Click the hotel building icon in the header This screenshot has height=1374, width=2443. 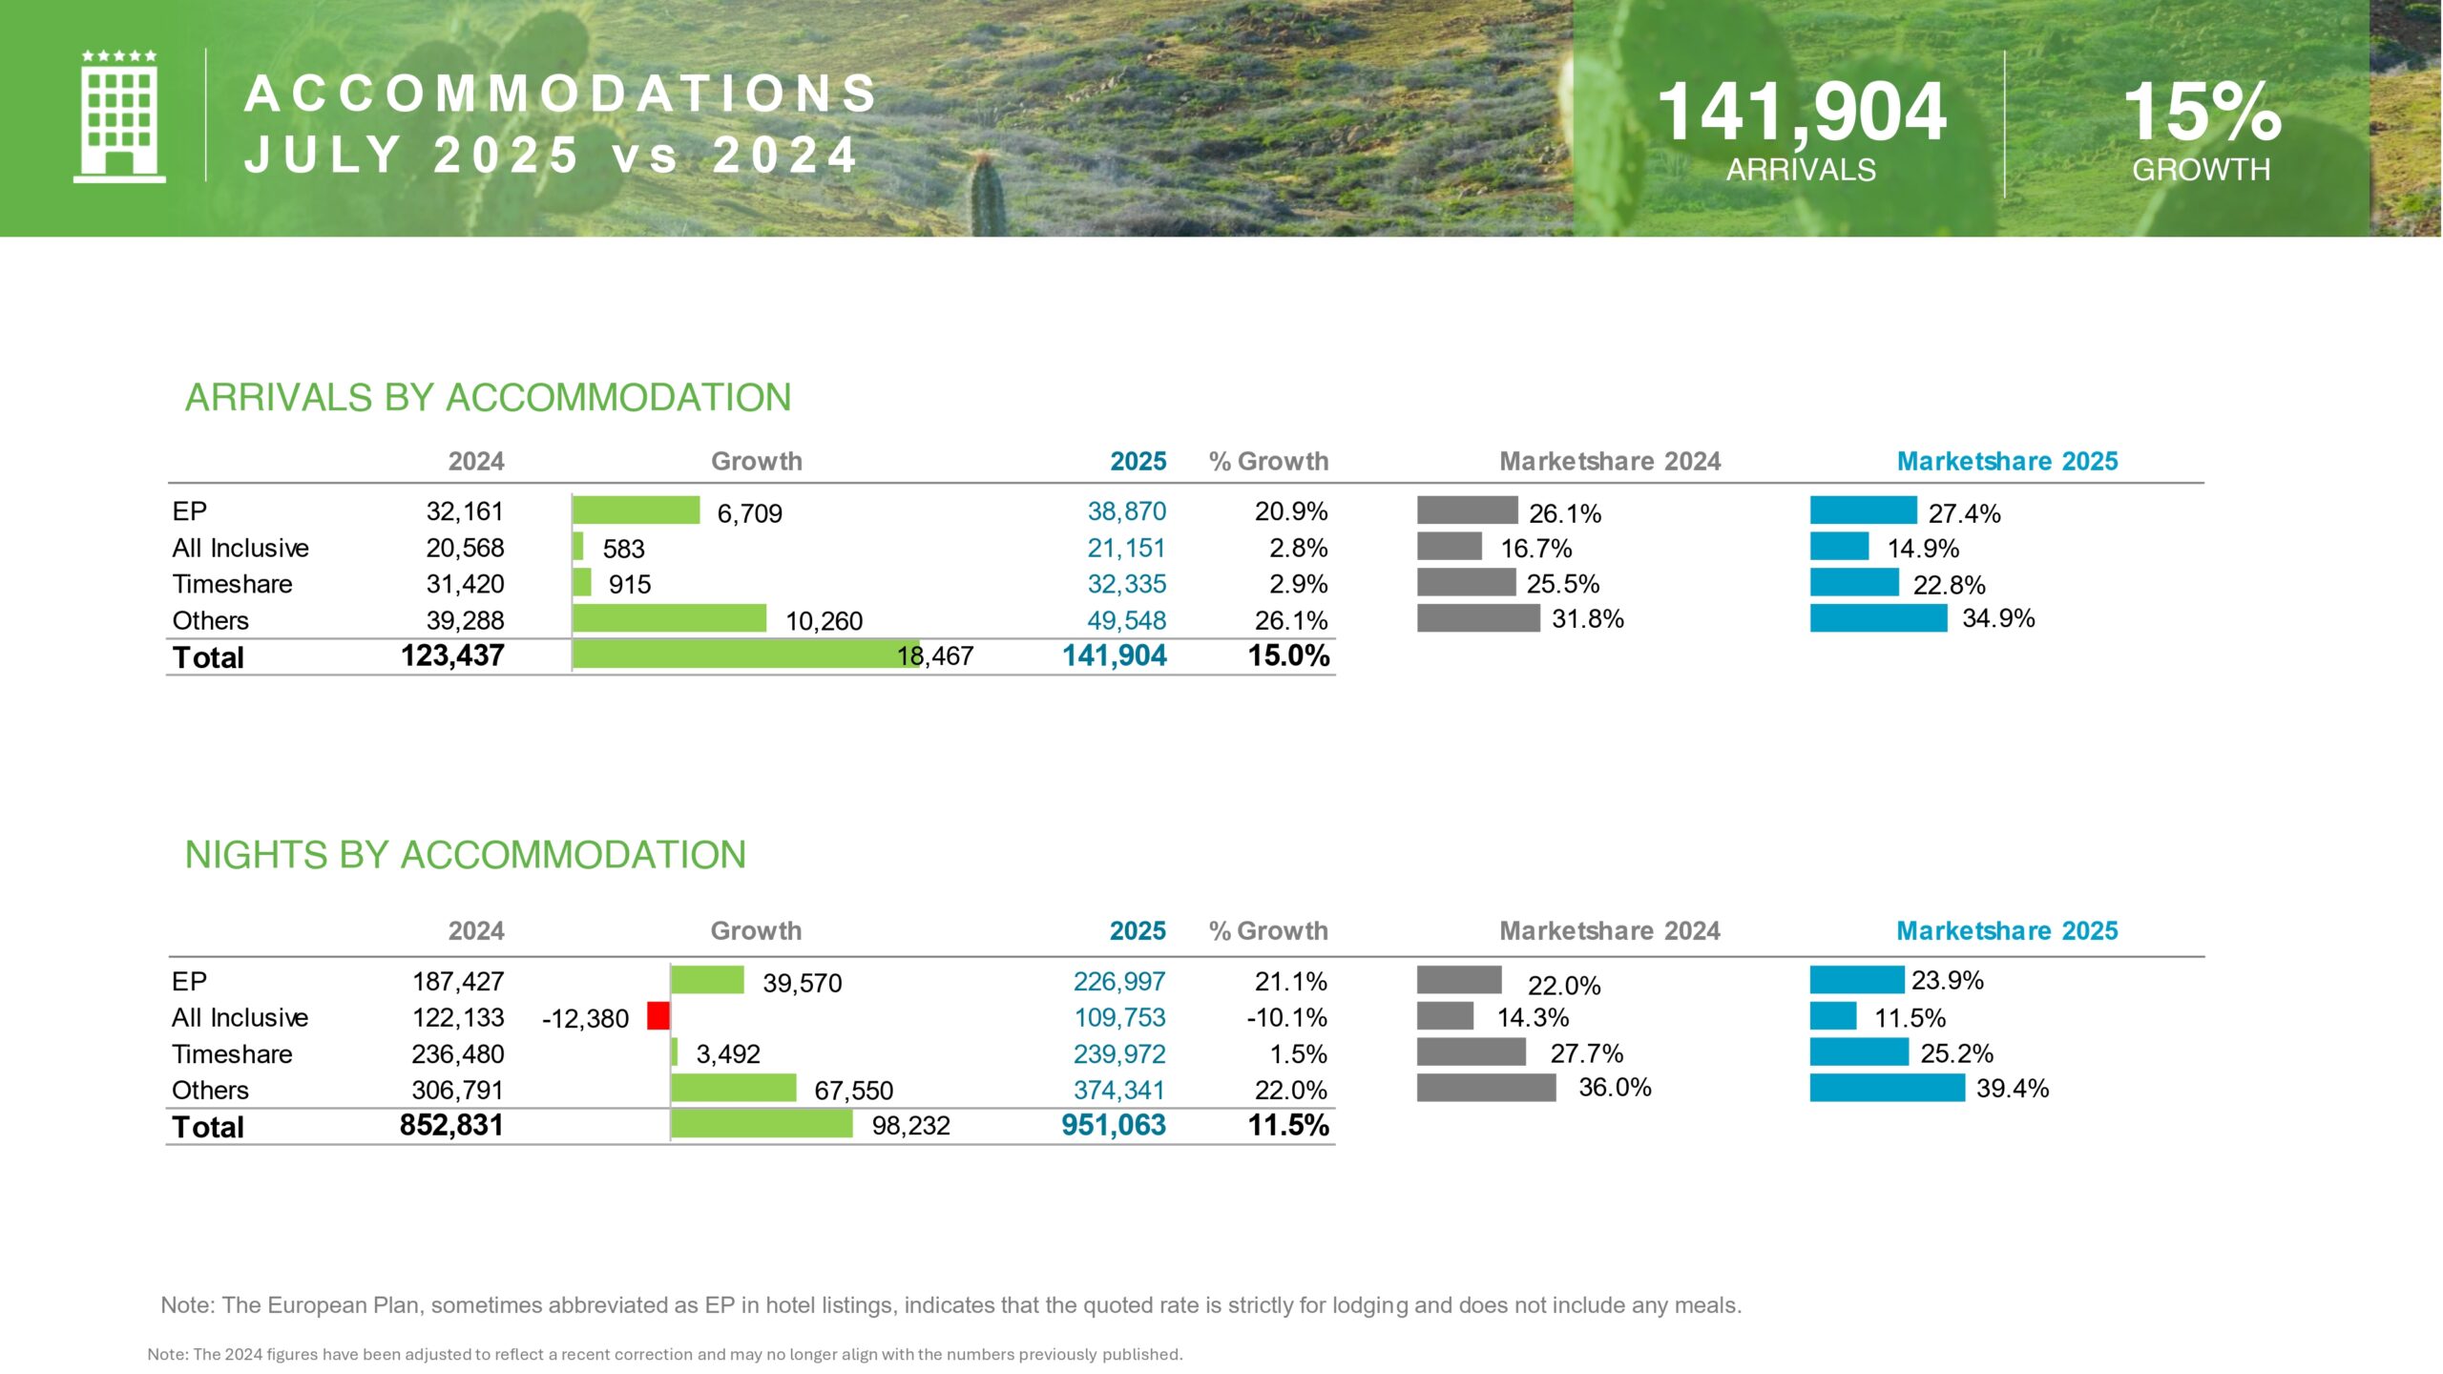(x=119, y=116)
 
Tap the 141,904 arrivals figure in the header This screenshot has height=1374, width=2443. (x=1801, y=113)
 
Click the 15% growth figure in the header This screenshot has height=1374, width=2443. (x=2202, y=113)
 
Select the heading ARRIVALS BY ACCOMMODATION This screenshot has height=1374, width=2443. (x=488, y=398)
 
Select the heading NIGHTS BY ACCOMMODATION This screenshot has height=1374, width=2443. (x=465, y=855)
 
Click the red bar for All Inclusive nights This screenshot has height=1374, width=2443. (x=658, y=1016)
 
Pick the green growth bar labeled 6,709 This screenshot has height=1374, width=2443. (x=636, y=510)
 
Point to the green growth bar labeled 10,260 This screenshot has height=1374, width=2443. (x=669, y=618)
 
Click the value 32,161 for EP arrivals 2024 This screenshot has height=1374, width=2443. (x=465, y=511)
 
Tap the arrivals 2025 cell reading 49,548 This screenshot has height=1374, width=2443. (x=1126, y=620)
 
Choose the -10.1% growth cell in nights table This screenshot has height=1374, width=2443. (x=1286, y=1017)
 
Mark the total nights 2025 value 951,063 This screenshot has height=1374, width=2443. (x=1114, y=1125)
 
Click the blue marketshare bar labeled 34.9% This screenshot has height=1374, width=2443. (x=1878, y=618)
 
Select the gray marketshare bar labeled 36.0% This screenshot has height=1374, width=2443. (x=1486, y=1088)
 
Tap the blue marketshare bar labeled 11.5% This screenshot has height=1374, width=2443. (x=1833, y=1016)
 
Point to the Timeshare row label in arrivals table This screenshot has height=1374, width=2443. (x=232, y=584)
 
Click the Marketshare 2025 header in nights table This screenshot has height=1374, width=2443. (x=2007, y=930)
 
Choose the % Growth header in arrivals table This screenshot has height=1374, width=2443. (x=1268, y=461)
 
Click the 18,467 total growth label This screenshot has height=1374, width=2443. (x=935, y=656)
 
